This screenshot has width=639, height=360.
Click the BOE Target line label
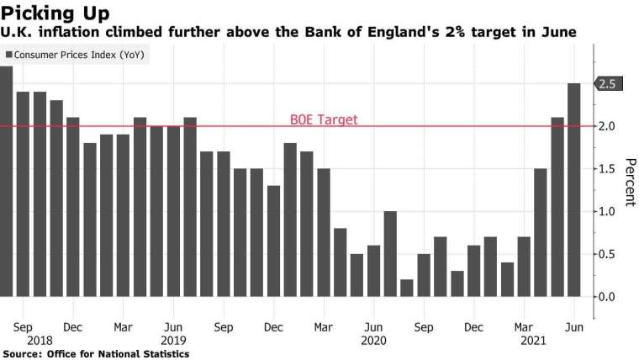pos(323,119)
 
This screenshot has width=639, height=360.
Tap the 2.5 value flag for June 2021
pos(610,83)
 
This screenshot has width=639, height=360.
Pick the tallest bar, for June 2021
pos(573,189)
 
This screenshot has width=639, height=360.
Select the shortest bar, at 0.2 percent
pos(407,288)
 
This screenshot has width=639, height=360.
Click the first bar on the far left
pos(5,181)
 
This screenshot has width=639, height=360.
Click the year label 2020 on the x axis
pos(374,340)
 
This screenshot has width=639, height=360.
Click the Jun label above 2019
pos(173,326)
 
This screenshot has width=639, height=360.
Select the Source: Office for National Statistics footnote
pos(95,354)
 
